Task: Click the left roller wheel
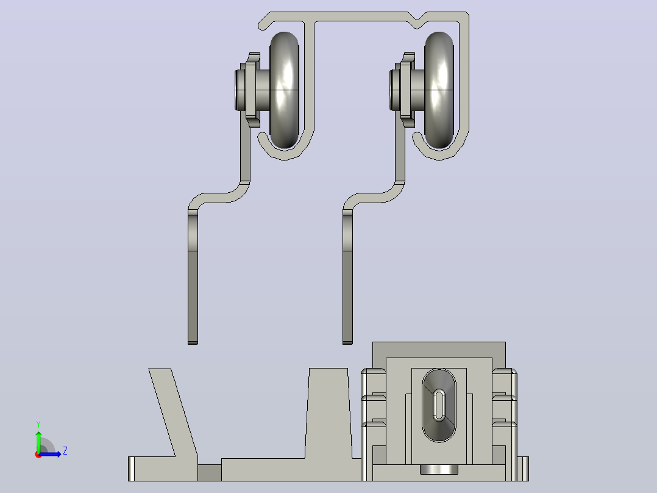point(284,90)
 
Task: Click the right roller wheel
point(439,90)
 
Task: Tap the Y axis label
point(38,425)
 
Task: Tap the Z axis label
point(65,451)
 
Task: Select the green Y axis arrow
point(38,442)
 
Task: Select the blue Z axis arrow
point(50,454)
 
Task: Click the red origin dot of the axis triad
point(38,455)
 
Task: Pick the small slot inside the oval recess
point(439,405)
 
